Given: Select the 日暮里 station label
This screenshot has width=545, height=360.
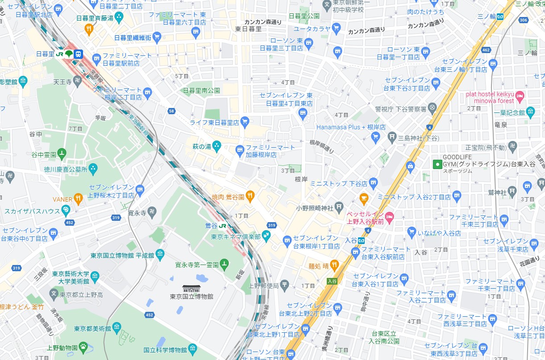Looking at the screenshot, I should (45, 54).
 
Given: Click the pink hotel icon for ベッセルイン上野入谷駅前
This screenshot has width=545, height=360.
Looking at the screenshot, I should (389, 216).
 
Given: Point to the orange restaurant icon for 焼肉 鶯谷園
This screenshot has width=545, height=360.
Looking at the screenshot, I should (250, 195).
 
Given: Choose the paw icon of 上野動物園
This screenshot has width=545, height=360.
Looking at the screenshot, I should (83, 346).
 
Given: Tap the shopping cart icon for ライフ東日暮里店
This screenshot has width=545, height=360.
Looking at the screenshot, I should (244, 121).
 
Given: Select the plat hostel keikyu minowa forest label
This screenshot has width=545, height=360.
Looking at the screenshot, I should (490, 97).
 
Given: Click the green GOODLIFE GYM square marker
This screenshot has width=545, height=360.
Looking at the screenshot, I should (437, 164).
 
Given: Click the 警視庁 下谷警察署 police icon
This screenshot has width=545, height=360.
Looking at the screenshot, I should (432, 108).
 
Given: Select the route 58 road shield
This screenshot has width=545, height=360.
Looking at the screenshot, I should (171, 111).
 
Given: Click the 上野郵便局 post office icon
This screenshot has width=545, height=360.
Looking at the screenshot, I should (285, 285).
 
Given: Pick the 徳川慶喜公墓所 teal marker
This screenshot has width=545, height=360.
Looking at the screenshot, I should (93, 168).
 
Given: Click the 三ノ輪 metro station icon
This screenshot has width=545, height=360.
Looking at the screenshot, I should (500, 17).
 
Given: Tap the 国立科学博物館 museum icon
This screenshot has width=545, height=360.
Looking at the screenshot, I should (192, 348).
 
